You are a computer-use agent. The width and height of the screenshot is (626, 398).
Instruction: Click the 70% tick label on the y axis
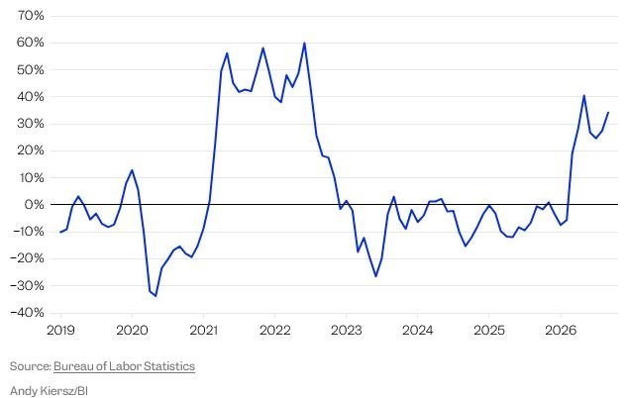[x=31, y=16]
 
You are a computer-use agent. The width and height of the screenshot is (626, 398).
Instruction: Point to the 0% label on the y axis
[x=34, y=205]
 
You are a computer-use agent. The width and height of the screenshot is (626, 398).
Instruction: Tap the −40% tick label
[x=27, y=313]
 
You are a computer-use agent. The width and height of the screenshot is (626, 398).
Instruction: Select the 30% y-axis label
[x=31, y=124]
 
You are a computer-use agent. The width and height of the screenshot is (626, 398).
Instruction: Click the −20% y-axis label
[x=27, y=258]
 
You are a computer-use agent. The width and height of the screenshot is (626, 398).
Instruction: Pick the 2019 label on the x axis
[x=60, y=330]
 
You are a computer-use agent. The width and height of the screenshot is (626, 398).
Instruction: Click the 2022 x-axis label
[x=274, y=330]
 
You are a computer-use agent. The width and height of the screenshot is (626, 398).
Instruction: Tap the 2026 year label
[x=561, y=330]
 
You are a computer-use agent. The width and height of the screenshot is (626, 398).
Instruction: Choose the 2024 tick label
[x=417, y=330]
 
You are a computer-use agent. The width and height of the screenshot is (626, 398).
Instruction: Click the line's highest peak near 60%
[x=305, y=43]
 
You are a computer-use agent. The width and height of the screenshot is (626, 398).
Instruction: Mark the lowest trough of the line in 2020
[x=156, y=296]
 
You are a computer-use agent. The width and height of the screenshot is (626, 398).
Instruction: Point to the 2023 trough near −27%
[x=375, y=276]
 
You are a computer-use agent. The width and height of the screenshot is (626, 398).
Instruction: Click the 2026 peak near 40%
[x=584, y=95]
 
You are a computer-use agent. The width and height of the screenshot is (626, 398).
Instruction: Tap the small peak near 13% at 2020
[x=132, y=170]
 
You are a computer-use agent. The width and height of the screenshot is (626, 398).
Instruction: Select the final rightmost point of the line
[x=608, y=112]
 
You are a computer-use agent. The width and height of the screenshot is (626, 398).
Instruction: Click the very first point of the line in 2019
[x=60, y=232]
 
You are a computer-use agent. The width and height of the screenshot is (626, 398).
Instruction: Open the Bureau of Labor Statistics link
[x=124, y=366]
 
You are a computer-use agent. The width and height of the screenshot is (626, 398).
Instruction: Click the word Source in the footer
[x=30, y=366]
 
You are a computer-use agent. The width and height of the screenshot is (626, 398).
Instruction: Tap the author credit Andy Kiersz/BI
[x=49, y=390]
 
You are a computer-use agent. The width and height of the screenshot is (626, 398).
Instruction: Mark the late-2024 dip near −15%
[x=466, y=246]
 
